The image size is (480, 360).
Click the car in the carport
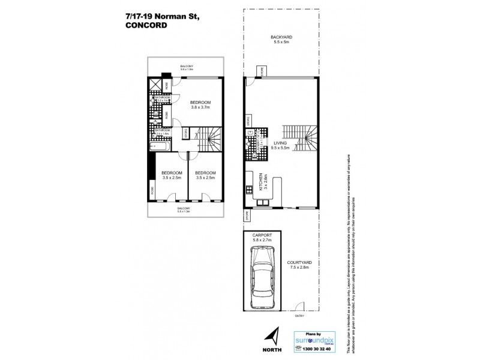tap(262, 284)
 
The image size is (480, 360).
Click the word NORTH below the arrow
tap(271, 350)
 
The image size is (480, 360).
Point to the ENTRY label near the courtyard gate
tap(299, 316)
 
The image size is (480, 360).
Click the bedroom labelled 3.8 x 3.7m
tap(199, 104)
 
